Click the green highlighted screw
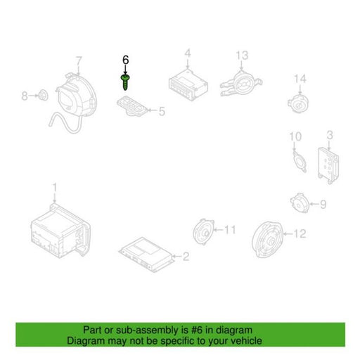point(125,82)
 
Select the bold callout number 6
point(126,60)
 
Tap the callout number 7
point(79,62)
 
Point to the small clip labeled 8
point(44,95)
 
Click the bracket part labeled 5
point(132,106)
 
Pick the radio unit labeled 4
point(188,84)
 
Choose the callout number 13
point(242,56)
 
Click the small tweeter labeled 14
point(298,103)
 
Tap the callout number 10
point(295,136)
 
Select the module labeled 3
point(328,165)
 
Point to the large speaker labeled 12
point(268,239)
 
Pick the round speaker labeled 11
point(203,232)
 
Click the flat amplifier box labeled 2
point(147,255)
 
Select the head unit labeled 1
point(60,231)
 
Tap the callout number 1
point(55,188)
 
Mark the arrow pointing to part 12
point(288,233)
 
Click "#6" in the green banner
point(197,330)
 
